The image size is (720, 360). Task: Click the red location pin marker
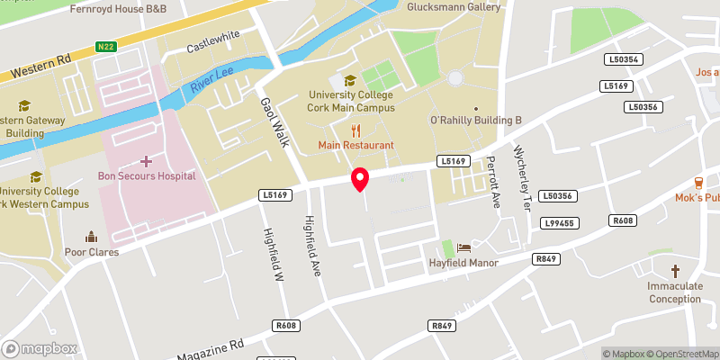click(359, 179)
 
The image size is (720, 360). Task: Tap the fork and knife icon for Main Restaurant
click(355, 130)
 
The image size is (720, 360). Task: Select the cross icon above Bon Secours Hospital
click(146, 161)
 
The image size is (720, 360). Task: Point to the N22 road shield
click(106, 46)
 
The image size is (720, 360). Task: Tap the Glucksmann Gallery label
click(454, 7)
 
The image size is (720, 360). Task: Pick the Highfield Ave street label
click(311, 245)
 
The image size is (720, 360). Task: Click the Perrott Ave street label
click(492, 182)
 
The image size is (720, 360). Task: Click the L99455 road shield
click(560, 222)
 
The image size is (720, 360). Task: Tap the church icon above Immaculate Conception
click(675, 271)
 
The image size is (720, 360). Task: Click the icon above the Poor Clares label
click(91, 237)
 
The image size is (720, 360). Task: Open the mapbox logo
click(40, 348)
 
